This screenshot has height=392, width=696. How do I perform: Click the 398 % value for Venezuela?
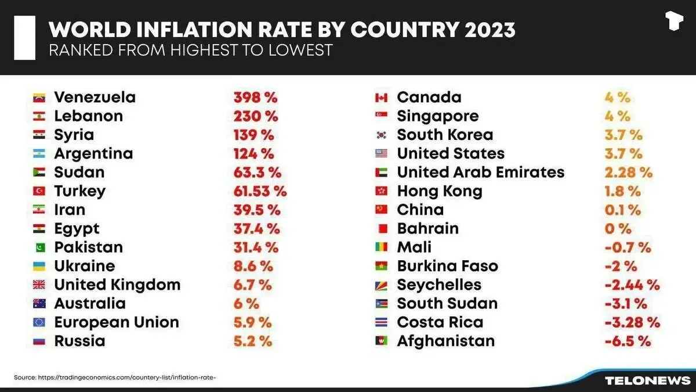[255, 98]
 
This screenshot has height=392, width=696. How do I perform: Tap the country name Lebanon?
[88, 116]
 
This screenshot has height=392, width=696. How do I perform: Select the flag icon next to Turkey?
[39, 191]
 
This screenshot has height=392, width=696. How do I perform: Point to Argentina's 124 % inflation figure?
[254, 154]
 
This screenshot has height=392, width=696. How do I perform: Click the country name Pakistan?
[88, 247]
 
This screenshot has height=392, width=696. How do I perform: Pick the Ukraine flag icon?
[39, 266]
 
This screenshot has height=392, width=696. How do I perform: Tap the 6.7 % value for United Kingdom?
[252, 285]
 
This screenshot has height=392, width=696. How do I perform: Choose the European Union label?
[117, 322]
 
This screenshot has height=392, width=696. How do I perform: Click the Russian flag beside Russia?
[39, 341]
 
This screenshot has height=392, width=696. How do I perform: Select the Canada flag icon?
[381, 98]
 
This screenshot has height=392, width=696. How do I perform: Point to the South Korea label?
[445, 135]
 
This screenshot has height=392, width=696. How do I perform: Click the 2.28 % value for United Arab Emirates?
[628, 172]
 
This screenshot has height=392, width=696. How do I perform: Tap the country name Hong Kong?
[439, 191]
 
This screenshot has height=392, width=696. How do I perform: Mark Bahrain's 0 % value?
[617, 229]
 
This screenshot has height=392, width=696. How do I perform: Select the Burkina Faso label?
[447, 266]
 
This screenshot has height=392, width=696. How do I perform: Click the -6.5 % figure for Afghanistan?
[628, 341]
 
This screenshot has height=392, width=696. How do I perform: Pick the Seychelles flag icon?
[381, 285]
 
